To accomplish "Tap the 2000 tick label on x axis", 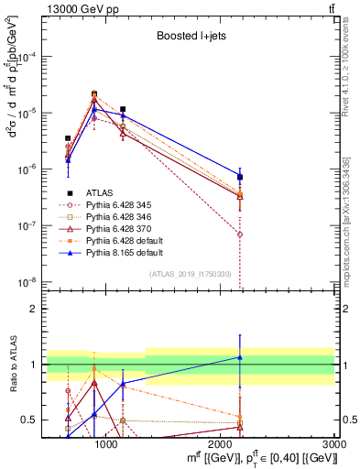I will point(221,442).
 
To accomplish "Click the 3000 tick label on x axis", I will point(334,442).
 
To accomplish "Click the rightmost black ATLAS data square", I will point(239,177).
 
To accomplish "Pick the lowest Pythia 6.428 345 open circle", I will point(239,234).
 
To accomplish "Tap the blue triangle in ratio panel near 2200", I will point(239,357).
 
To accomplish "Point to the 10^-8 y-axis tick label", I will point(28,282).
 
